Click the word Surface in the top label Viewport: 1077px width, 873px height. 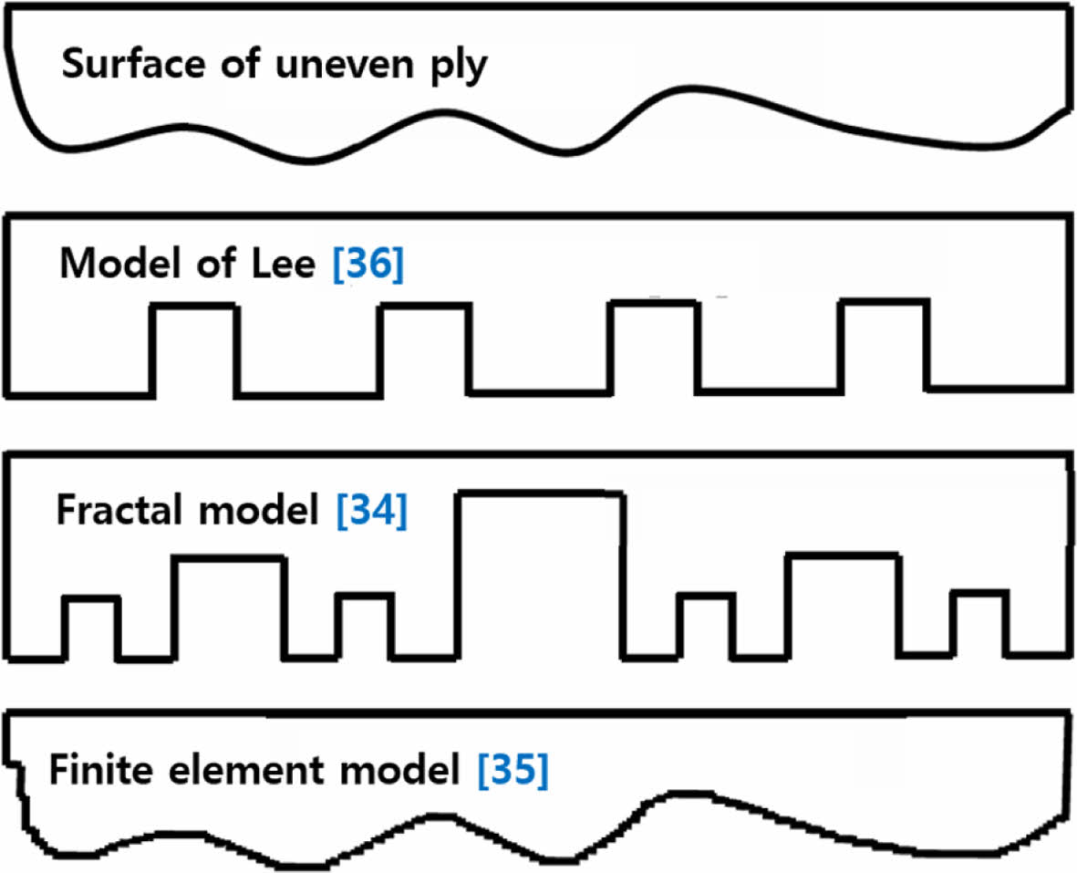pyautogui.click(x=119, y=67)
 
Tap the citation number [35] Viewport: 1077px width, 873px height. pyautogui.click(x=513, y=772)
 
